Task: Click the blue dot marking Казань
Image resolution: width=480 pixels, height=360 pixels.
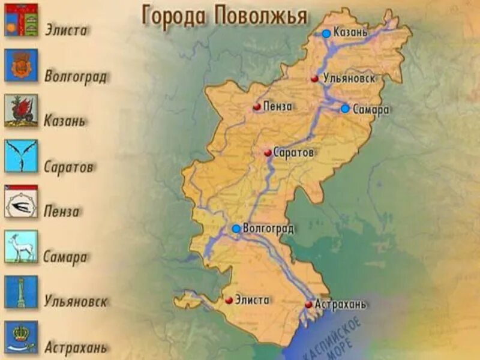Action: [x=326, y=34]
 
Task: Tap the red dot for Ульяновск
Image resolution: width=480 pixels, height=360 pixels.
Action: [x=314, y=79]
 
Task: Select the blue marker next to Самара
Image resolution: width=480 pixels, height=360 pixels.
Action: [x=345, y=109]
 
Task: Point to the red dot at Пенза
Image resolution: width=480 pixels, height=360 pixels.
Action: [x=257, y=107]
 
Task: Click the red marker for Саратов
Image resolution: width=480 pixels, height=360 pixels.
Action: [x=268, y=153]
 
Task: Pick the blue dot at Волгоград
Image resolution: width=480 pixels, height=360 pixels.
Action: [x=236, y=229]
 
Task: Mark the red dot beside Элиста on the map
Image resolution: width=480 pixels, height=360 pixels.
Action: [x=229, y=300]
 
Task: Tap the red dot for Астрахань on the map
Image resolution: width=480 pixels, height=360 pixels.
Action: [x=308, y=305]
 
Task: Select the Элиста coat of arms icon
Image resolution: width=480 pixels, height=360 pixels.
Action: [x=21, y=20]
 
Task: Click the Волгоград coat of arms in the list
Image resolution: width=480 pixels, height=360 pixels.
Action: [x=21, y=65]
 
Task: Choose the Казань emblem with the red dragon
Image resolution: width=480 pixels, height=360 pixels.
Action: [x=21, y=110]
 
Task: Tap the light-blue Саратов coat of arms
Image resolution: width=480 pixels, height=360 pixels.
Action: [x=21, y=156]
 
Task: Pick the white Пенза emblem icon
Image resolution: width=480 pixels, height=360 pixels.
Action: [x=21, y=202]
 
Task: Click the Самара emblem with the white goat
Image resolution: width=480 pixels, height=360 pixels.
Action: [x=21, y=247]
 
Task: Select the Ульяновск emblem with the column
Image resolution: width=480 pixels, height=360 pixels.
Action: [x=21, y=292]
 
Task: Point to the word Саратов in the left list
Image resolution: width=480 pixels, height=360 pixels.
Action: [x=68, y=167]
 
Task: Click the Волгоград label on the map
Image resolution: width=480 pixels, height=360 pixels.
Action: [x=268, y=229]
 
